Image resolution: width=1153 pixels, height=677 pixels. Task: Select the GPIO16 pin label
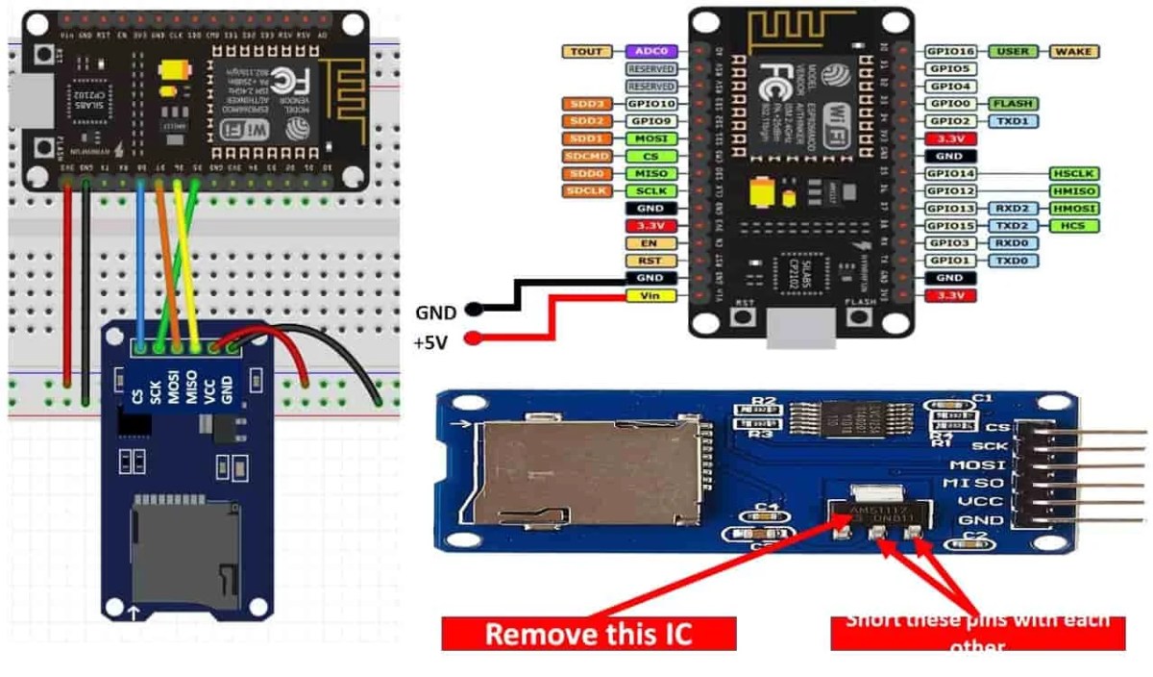pos(950,51)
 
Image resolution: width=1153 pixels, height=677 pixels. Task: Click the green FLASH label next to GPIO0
pos(1013,103)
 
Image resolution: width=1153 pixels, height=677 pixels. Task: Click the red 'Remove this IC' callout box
pos(588,634)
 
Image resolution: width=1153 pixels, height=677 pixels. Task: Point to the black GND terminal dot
pos(473,311)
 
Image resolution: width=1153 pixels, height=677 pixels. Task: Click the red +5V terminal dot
pos(473,338)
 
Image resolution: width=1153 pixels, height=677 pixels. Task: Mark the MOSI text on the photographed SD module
pos(973,464)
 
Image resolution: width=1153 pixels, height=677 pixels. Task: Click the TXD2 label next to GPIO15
pos(1013,226)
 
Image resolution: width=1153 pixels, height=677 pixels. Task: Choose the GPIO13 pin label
pos(950,209)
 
